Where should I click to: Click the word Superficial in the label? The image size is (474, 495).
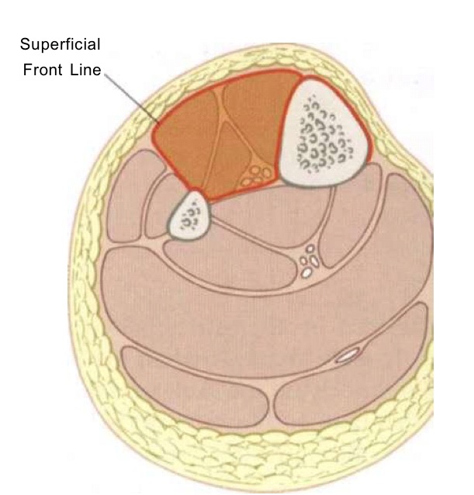[x=61, y=44]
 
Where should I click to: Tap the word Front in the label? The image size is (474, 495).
[x=43, y=70]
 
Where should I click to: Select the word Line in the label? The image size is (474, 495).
[x=85, y=70]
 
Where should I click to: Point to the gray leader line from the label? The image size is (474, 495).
[x=132, y=99]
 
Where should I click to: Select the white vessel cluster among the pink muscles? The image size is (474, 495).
[x=309, y=261]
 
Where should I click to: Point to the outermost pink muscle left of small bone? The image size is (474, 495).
[x=129, y=196]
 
